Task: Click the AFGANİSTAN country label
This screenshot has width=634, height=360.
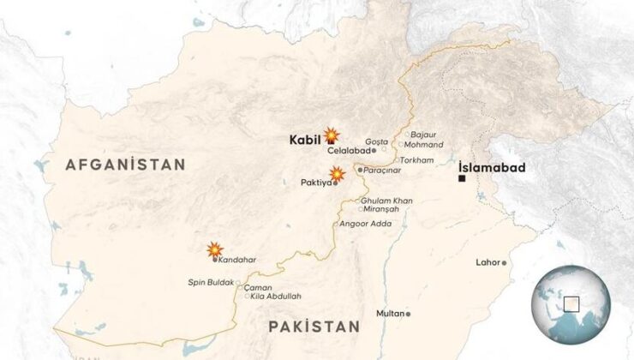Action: (x=126, y=165)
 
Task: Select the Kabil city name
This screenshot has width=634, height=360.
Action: (x=304, y=139)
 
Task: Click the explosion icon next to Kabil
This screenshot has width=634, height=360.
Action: (x=331, y=135)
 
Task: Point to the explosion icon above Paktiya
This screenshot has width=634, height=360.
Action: (x=338, y=172)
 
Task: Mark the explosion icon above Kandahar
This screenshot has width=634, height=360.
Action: (x=214, y=249)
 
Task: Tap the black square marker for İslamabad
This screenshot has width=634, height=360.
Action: (x=462, y=180)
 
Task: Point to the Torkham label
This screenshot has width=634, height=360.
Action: (x=416, y=159)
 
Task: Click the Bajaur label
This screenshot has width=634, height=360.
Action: (x=424, y=135)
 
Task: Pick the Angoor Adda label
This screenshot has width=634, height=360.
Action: (x=366, y=224)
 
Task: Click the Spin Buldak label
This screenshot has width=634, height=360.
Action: (x=211, y=282)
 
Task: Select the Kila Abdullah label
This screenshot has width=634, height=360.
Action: (x=272, y=297)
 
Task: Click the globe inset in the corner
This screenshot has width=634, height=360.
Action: (x=569, y=303)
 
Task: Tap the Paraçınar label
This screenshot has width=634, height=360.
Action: (x=382, y=171)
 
